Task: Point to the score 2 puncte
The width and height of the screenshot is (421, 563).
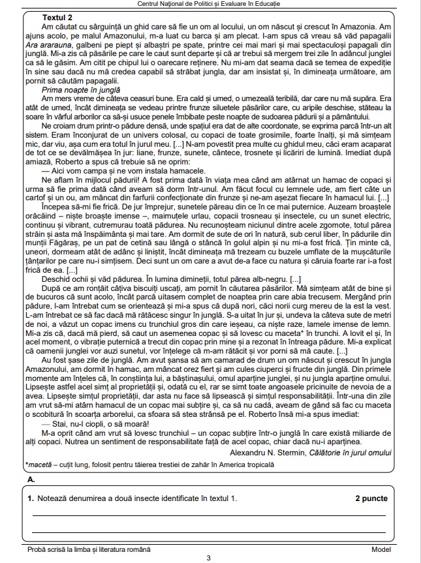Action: (371, 498)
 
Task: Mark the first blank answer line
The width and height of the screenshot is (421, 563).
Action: (208, 515)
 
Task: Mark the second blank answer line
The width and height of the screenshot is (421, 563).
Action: (208, 532)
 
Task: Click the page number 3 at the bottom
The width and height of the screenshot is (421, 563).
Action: (208, 558)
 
